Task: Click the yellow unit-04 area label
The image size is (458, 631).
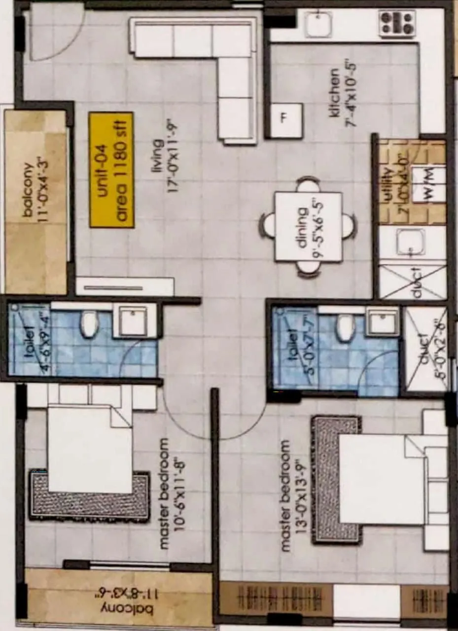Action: (111, 170)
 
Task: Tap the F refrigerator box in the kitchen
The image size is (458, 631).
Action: (286, 120)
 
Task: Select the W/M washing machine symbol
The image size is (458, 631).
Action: (428, 184)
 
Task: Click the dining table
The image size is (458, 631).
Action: (308, 226)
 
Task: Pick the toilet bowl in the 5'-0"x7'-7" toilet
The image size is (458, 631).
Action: (345, 328)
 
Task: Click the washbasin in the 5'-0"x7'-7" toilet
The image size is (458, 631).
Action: (383, 323)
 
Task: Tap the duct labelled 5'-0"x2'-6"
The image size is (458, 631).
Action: (425, 349)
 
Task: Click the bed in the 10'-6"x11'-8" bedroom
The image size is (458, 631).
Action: (89, 449)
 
